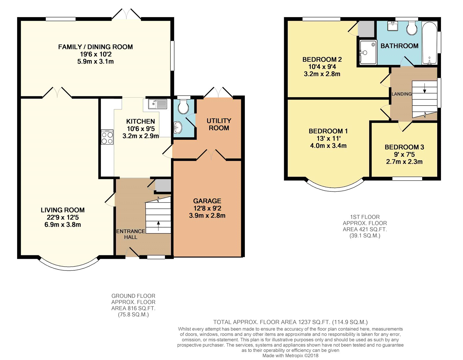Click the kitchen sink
point(158,104)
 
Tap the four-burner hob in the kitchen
point(107,137)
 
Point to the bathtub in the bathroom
point(429,43)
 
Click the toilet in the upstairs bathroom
point(412,28)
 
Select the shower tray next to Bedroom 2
point(368,52)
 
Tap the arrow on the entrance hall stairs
point(158,226)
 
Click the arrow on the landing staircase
point(425,88)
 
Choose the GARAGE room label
point(207,201)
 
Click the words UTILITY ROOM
point(219,124)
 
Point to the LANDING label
point(402,94)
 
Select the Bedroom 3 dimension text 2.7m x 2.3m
point(404,162)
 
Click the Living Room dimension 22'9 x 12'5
point(63,217)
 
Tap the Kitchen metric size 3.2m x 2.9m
point(141,136)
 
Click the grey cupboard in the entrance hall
point(163,185)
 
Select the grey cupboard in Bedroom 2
point(366,29)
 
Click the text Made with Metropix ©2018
point(290,356)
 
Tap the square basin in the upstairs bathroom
point(392,26)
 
